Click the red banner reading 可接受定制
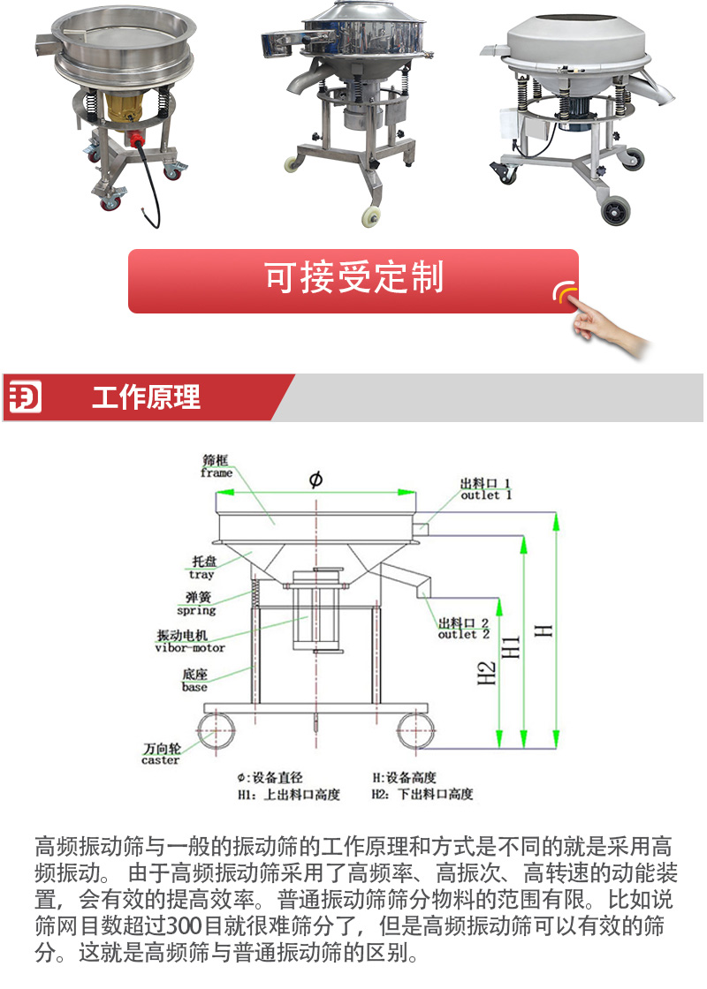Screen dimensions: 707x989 353,281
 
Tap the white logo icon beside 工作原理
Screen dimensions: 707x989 26,396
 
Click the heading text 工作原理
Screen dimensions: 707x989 146,397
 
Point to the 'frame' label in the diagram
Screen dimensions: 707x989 217,472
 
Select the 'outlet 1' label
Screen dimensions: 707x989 485,495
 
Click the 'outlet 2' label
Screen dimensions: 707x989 464,634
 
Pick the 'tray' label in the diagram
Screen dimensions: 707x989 201,574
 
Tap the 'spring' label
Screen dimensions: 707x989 196,610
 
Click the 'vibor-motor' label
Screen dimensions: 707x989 190,648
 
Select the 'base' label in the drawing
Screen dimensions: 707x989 194,687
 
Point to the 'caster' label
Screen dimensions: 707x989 160,760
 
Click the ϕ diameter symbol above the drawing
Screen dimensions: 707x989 315,479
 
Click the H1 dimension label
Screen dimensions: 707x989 512,646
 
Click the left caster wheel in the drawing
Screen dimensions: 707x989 216,732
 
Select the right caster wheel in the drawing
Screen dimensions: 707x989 416,732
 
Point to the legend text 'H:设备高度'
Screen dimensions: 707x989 404,777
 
